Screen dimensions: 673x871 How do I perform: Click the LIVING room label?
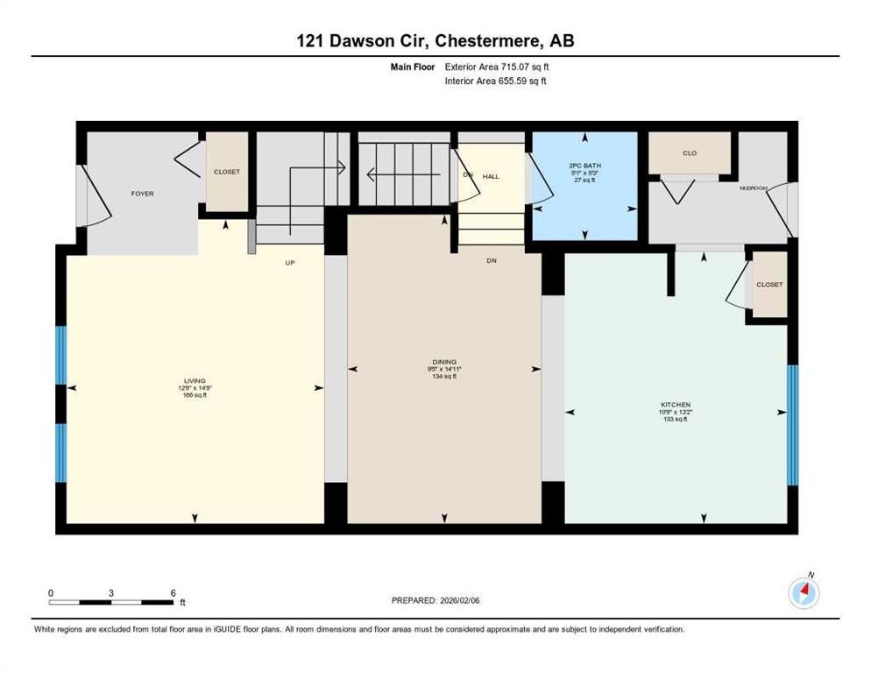(195, 381)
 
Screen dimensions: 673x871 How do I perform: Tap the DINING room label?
(444, 362)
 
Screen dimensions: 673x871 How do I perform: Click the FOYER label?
(142, 194)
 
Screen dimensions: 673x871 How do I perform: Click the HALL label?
(491, 177)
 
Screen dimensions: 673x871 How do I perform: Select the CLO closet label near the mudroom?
(690, 153)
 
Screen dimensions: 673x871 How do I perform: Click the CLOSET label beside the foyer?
(226, 173)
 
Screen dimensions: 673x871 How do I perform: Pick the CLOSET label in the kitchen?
(769, 285)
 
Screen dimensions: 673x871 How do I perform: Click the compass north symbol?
(804, 593)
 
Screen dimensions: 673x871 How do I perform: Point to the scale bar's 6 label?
(173, 593)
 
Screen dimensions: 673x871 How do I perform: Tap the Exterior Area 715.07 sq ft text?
(497, 66)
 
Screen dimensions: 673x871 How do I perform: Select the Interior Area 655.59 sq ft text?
(496, 81)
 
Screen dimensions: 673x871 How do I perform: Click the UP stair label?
(289, 262)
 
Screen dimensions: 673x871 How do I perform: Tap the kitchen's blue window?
(792, 425)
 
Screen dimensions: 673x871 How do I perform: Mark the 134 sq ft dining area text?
(444, 378)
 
